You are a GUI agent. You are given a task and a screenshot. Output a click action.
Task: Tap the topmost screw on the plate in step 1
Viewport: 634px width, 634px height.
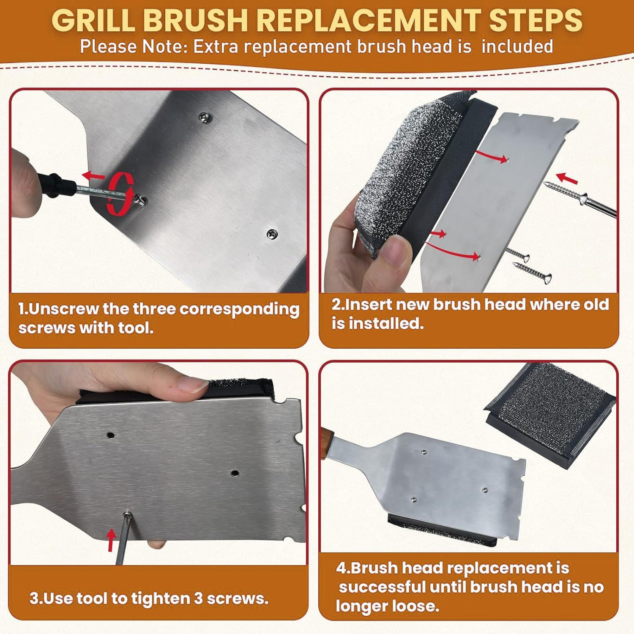[205, 115]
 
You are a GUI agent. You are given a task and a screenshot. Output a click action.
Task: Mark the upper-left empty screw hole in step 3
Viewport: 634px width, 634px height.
[111, 435]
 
